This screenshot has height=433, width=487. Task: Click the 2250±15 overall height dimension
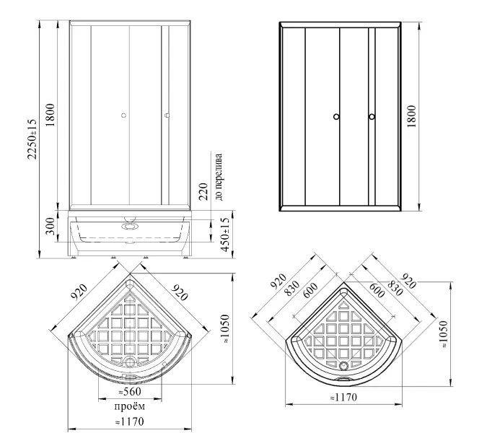[x=32, y=139]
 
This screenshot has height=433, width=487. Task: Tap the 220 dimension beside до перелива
[x=203, y=192]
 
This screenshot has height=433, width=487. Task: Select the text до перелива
[x=219, y=177]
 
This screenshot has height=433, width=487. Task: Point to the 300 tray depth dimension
[x=51, y=226]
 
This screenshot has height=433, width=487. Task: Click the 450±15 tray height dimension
[x=225, y=235]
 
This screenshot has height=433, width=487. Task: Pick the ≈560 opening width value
[x=130, y=392]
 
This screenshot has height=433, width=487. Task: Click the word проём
[x=130, y=406]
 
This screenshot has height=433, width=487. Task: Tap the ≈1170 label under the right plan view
[x=343, y=398]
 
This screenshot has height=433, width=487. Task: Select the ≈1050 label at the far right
[x=444, y=334]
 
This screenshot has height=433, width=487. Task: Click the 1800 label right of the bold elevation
[x=411, y=116]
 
